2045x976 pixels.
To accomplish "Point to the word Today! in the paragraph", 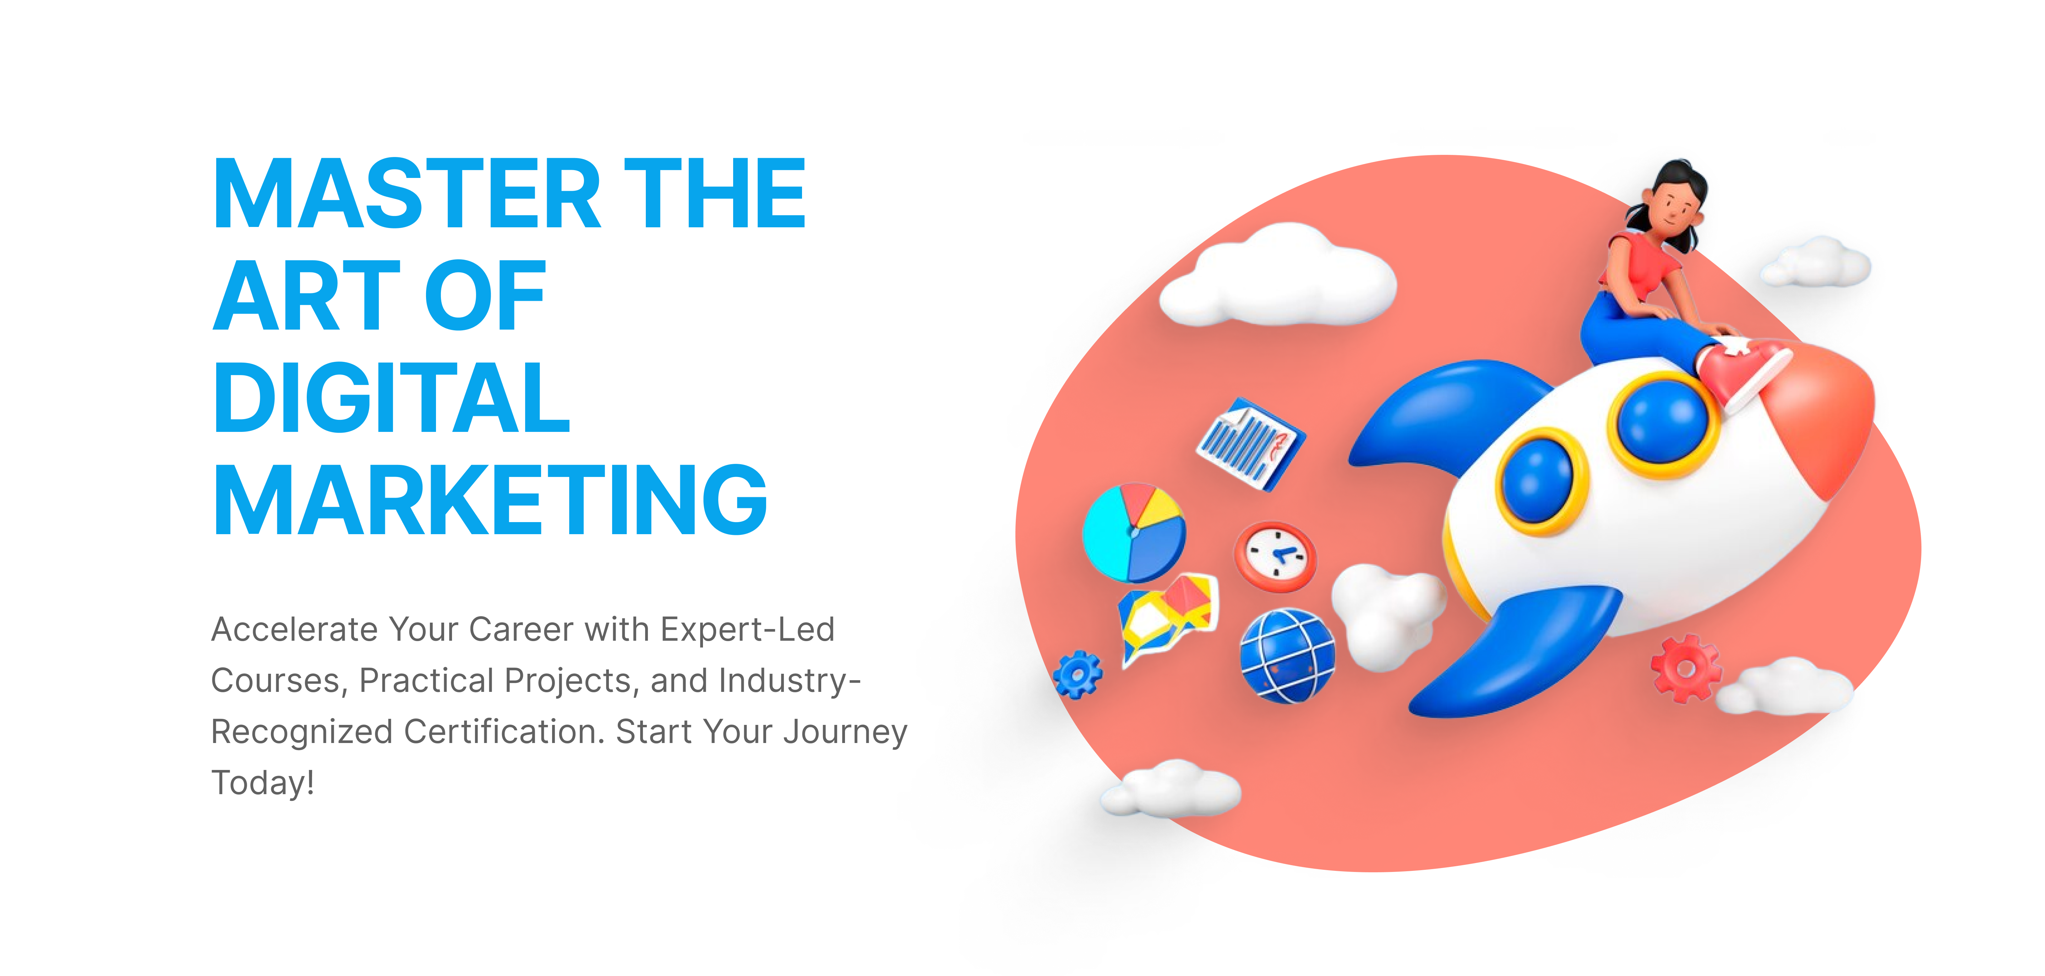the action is pyautogui.click(x=263, y=783).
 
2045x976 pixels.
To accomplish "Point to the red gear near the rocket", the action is pyautogui.click(x=1685, y=669).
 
